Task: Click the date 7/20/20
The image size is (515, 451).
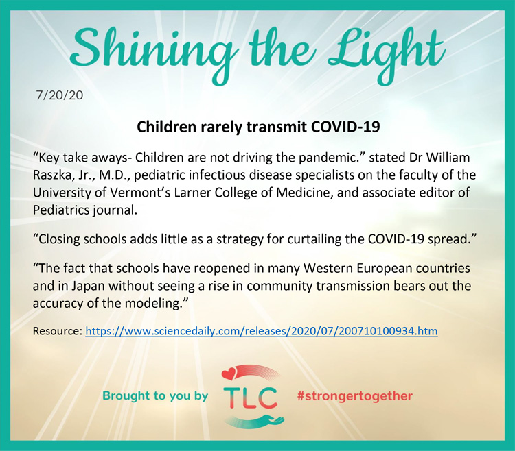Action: (60, 95)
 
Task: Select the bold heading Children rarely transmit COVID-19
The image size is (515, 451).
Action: (258, 127)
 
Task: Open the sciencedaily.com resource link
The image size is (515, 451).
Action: (262, 331)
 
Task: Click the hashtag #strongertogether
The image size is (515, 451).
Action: (355, 395)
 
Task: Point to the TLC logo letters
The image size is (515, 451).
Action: (250, 398)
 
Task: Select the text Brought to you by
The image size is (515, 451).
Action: (155, 395)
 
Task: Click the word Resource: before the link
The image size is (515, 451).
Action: (57, 331)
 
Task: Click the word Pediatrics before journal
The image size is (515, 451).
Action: (59, 210)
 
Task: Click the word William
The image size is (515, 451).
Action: (448, 158)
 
